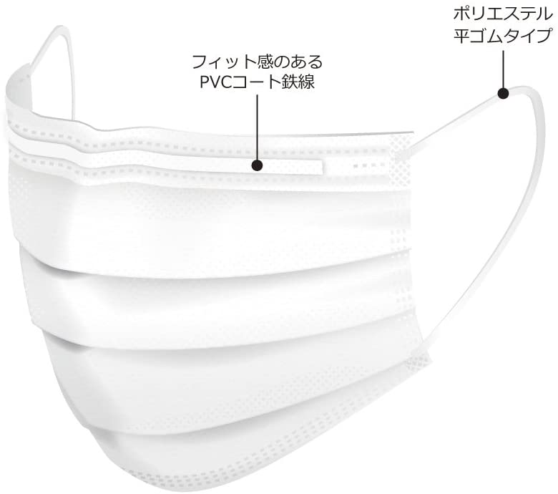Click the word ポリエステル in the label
click(502, 14)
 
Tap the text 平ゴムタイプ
click(502, 36)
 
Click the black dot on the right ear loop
click(503, 93)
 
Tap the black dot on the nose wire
click(257, 165)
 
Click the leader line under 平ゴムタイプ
click(503, 69)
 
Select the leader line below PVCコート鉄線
click(257, 127)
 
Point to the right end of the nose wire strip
click(323, 168)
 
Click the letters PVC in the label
click(215, 82)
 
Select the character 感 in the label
click(265, 62)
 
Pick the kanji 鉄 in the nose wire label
click(290, 82)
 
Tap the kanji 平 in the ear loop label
click(461, 36)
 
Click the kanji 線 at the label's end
click(307, 82)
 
